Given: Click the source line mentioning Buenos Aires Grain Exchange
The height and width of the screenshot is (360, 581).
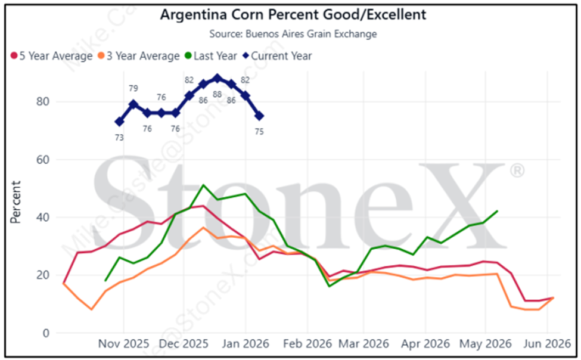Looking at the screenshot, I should coord(293,34).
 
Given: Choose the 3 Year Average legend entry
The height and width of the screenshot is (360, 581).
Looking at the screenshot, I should coord(138,56).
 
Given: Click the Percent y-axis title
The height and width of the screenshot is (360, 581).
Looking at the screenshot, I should coord(17,203).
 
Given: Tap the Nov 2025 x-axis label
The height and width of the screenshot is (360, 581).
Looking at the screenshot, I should coord(123,345).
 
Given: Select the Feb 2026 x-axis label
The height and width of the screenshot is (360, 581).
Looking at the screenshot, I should coord(307,345).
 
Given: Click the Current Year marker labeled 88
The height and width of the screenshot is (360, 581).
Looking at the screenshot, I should coord(218,78).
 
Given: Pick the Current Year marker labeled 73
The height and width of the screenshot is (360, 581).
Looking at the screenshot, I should coord(119,122).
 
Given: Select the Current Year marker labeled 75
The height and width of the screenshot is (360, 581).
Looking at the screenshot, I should coord(259,116).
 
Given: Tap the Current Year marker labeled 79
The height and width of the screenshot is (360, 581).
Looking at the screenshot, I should coord(133,104).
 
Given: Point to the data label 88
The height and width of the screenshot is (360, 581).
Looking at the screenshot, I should coord(218,94).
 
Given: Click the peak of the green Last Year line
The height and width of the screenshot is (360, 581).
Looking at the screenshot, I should coord(203,185).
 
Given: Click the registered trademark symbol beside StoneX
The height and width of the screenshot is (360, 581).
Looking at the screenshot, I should coord(517,172).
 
